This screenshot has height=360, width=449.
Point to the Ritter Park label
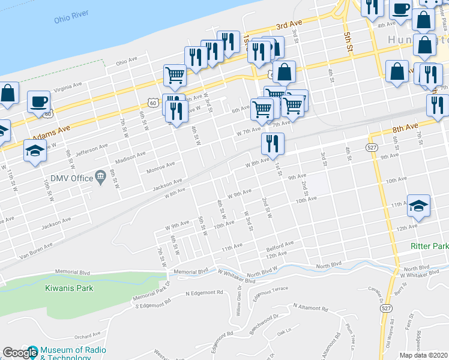tap(429, 247)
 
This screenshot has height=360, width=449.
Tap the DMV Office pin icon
tap(100, 178)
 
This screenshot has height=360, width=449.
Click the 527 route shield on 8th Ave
tap(372, 147)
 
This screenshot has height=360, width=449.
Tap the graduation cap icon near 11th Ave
tap(419, 205)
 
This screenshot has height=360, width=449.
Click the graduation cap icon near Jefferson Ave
tap(35, 150)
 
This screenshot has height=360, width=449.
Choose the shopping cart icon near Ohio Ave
tap(175, 76)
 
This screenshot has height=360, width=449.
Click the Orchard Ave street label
tap(88, 336)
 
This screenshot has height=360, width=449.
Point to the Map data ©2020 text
tap(424, 355)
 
